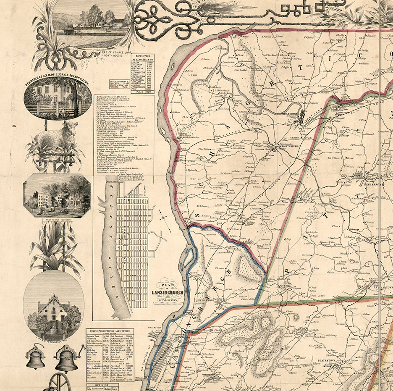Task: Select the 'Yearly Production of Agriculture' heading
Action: (x=110, y=331)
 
